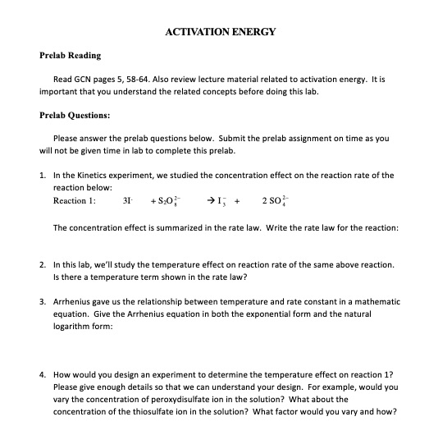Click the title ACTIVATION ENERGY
[x=221, y=32]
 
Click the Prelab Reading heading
[x=71, y=55]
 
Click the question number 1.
[x=42, y=175]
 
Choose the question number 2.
[x=42, y=264]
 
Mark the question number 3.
[x=42, y=302]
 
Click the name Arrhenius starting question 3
[x=73, y=302]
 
